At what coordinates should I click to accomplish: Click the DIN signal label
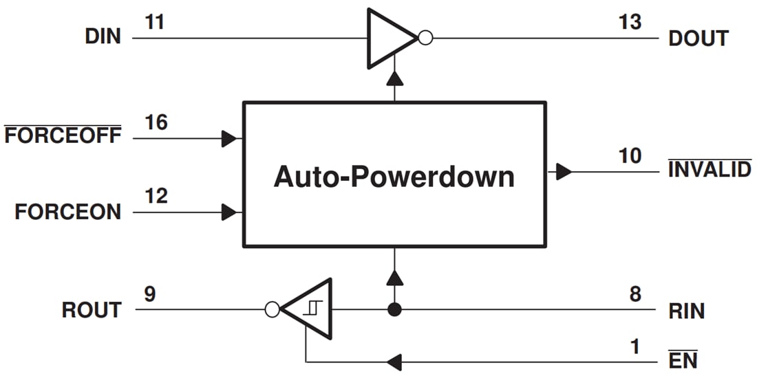point(103,37)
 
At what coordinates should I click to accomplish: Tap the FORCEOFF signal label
point(63,135)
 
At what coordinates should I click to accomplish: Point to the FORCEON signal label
point(67,212)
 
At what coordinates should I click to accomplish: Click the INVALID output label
point(710,169)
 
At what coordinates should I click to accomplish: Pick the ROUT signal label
point(92,310)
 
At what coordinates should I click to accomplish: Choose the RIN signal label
point(686,311)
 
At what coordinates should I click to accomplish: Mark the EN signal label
point(683,360)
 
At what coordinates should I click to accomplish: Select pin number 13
point(630,22)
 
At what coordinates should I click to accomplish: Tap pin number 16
point(156,122)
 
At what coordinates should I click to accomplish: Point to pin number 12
point(156,197)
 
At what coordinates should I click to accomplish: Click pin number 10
point(630,156)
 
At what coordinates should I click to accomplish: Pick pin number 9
point(150,294)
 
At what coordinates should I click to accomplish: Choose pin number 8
point(635,294)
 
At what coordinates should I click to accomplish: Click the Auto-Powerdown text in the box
point(394,177)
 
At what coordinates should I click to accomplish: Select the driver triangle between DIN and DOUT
point(390,38)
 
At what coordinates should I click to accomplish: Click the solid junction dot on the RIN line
point(394,309)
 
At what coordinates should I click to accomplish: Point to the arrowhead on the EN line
point(394,361)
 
